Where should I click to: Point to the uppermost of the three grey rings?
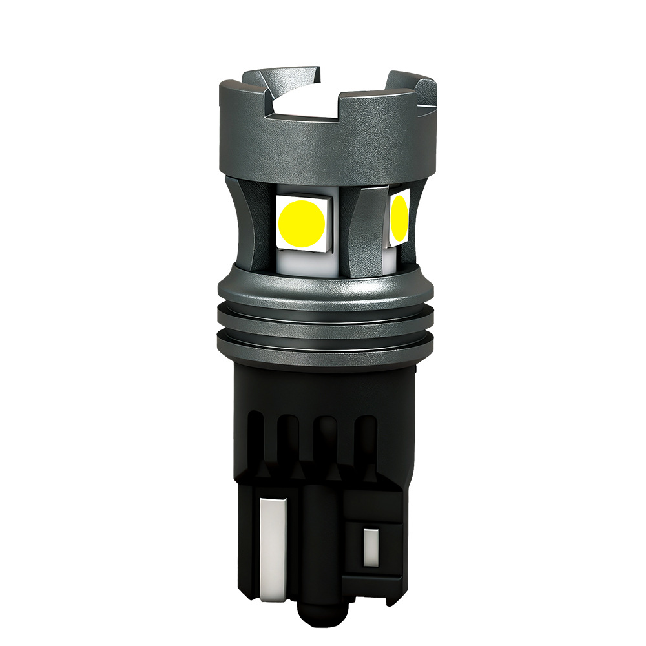coord(323,294)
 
